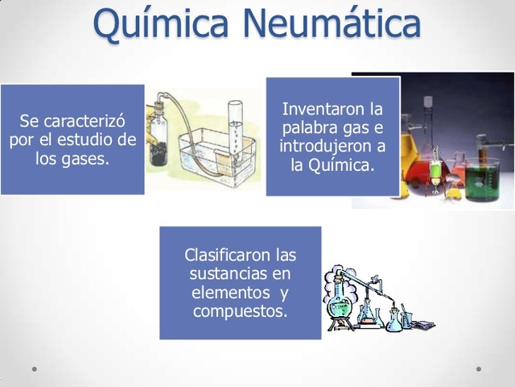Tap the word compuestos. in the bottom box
coord(240,310)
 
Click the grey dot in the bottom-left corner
coord(35,369)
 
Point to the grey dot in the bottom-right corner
coord(479,369)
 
